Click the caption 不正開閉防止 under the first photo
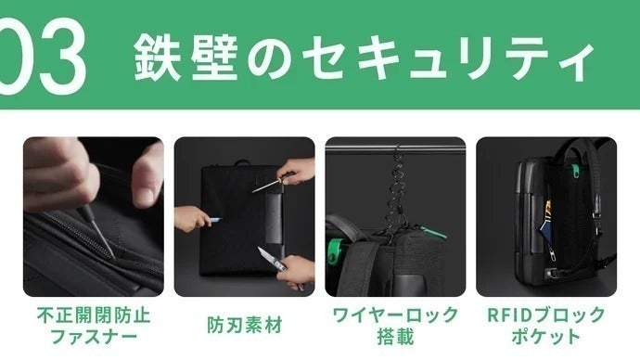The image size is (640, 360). click(94, 315)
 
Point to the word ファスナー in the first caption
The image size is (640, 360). click(94, 337)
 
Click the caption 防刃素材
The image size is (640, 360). click(245, 326)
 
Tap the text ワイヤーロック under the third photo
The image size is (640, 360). click(395, 315)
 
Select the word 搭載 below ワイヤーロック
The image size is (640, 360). click(395, 337)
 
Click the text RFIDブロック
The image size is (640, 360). click(546, 315)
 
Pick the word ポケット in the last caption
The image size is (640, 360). click(546, 337)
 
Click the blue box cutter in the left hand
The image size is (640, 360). click(215, 220)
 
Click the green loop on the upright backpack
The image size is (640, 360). click(574, 171)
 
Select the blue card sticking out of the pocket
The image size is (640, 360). click(544, 233)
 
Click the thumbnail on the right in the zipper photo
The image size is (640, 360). click(145, 195)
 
